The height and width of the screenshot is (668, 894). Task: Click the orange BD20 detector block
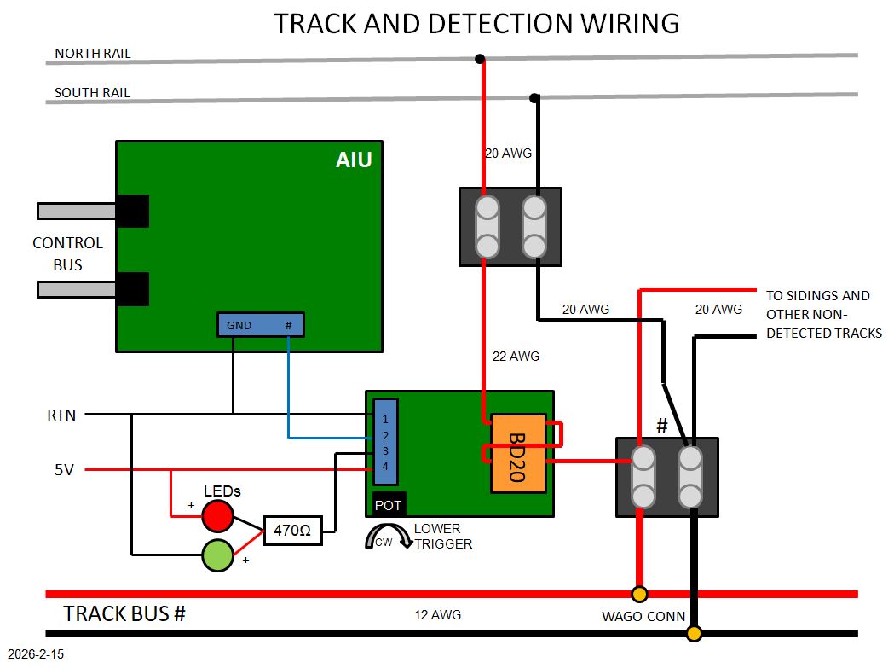(x=517, y=453)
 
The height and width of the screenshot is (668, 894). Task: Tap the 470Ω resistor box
(x=293, y=531)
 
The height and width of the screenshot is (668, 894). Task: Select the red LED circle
(x=217, y=514)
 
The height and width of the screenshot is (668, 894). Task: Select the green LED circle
(x=217, y=555)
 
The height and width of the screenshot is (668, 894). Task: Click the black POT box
(x=389, y=504)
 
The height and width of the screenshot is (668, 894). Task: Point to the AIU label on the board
(x=353, y=160)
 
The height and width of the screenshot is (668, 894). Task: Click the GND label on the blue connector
(x=239, y=325)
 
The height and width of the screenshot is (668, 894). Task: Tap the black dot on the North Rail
(x=481, y=59)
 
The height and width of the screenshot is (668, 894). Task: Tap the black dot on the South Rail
(x=534, y=98)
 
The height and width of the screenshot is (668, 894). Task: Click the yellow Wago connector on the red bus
(x=639, y=594)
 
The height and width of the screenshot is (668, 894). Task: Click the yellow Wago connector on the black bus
(x=695, y=633)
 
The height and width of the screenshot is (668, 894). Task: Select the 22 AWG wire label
(x=516, y=357)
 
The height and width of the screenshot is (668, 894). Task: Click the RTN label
(x=61, y=416)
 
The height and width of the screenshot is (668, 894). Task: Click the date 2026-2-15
(x=33, y=655)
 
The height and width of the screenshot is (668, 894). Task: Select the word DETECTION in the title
(x=485, y=23)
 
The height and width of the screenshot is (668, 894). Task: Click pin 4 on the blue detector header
(x=385, y=466)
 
